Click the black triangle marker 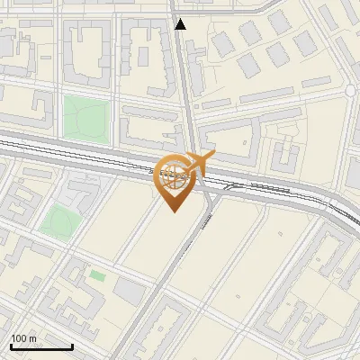tap(181, 24)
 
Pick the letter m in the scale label tap(33, 338)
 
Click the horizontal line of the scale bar tap(41, 346)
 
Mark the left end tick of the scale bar tap(11, 345)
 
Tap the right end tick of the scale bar tap(72, 345)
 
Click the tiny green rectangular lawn tap(96, 275)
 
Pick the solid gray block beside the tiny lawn tap(130, 291)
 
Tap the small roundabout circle tap(350, 92)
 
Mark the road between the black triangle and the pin tap(184, 90)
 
